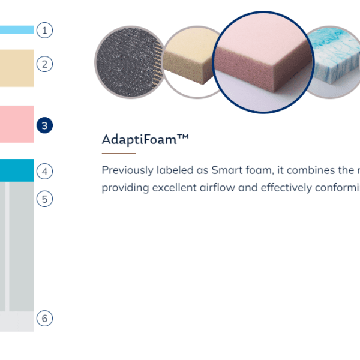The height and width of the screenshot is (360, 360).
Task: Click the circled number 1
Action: pyautogui.click(x=44, y=30)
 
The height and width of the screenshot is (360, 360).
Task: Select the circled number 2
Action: pyautogui.click(x=44, y=64)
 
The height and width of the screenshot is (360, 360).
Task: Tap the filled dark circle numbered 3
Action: pyautogui.click(x=44, y=125)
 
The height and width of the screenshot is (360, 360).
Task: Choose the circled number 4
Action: pyautogui.click(x=44, y=171)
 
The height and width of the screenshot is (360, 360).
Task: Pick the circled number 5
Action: pyautogui.click(x=44, y=199)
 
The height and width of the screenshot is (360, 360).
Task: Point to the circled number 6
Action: pyautogui.click(x=44, y=318)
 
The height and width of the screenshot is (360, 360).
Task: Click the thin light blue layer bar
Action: pyautogui.click(x=17, y=29)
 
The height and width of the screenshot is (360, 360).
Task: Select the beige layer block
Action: pyautogui.click(x=17, y=68)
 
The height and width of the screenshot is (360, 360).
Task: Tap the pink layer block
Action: pyautogui.click(x=17, y=124)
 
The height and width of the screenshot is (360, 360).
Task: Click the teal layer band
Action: pyautogui.click(x=17, y=170)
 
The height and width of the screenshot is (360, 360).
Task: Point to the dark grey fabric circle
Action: pyautogui.click(x=129, y=62)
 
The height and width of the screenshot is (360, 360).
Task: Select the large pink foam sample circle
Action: pyautogui.click(x=263, y=62)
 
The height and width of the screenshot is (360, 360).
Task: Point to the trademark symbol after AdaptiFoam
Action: pyautogui.click(x=183, y=136)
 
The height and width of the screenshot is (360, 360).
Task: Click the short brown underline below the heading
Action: pyautogui.click(x=119, y=154)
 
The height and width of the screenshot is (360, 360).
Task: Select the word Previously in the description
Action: pyautogui.click(x=128, y=170)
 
